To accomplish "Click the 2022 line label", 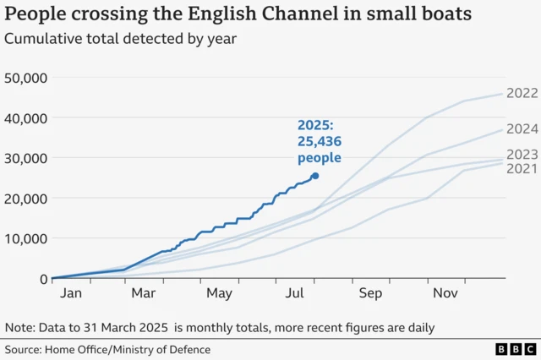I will coord(522,93).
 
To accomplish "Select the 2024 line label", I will coord(522,129).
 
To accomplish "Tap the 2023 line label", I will coord(522,155).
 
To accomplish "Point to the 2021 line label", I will coord(522,169).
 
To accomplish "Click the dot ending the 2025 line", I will coord(315,176).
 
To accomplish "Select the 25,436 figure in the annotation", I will coord(319,142).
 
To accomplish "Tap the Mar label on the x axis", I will coord(145,293).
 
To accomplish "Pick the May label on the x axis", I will coord(219,293).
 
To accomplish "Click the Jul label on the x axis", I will coord(295,293).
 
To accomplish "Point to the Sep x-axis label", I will coord(371,293).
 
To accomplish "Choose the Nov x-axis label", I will coord(446,293).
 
